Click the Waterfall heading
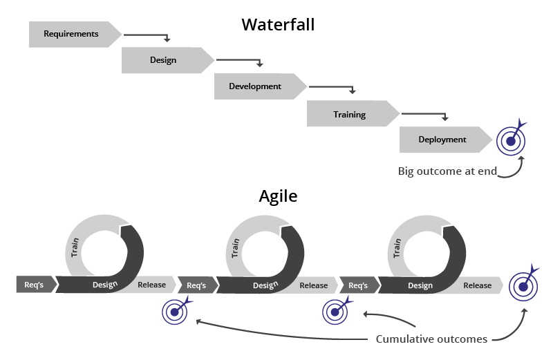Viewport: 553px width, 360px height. pyautogui.click(x=278, y=25)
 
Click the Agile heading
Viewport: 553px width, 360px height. pyautogui.click(x=278, y=196)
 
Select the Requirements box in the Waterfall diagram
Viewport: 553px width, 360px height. pyautogui.click(x=71, y=34)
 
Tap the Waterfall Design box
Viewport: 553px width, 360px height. pyautogui.click(x=164, y=60)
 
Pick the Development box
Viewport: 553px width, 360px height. pyautogui.click(x=256, y=86)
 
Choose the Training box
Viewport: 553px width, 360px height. pyautogui.click(x=349, y=114)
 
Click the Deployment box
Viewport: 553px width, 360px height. pyautogui.click(x=442, y=140)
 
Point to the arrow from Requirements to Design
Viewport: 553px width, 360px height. pyautogui.click(x=149, y=35)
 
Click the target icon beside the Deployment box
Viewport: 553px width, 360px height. pyautogui.click(x=511, y=141)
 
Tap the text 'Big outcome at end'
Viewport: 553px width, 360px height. pyautogui.click(x=447, y=171)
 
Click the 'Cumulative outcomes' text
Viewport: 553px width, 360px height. pyautogui.click(x=431, y=339)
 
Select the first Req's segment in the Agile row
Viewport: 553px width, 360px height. pyautogui.click(x=34, y=284)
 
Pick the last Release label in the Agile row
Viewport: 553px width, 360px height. pyautogui.click(x=478, y=285)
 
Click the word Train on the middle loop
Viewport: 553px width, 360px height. pyautogui.click(x=236, y=248)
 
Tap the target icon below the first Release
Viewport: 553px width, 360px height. pyautogui.click(x=174, y=312)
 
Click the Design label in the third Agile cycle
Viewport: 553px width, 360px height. pyautogui.click(x=420, y=285)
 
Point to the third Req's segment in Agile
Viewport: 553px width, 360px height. pyautogui.click(x=358, y=285)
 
